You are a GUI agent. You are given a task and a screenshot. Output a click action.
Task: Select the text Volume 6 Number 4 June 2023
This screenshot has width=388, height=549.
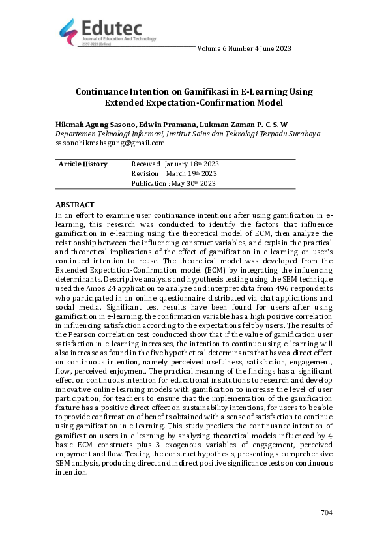tap(244, 48)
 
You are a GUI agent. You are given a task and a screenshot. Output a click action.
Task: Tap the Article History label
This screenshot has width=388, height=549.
tap(83, 164)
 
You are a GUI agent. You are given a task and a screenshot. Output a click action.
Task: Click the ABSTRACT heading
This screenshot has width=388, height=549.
tap(75, 205)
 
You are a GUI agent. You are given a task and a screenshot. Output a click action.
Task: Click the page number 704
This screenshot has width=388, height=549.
tap(327, 513)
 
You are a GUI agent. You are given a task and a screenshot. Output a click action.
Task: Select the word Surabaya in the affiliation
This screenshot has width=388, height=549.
tap(303, 134)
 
